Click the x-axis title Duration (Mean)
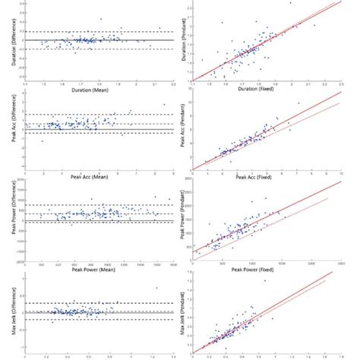click(x=99, y=88)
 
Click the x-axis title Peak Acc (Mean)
click(x=99, y=179)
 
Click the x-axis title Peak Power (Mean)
click(x=99, y=269)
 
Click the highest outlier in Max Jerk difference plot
click(x=157, y=287)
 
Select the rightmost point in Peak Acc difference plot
click(x=163, y=105)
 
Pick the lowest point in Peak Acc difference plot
click(x=42, y=141)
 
